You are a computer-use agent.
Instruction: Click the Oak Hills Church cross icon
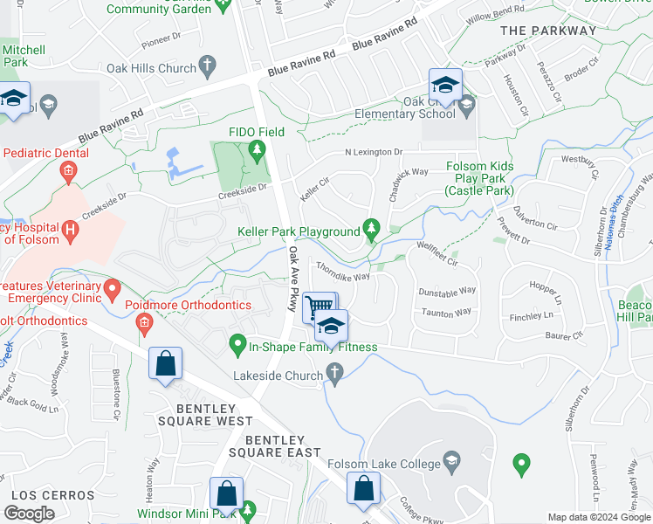(x=207, y=65)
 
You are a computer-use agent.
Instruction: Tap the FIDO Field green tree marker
(x=257, y=150)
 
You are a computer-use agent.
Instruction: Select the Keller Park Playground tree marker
(x=372, y=229)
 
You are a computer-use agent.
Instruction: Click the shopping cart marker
(x=320, y=306)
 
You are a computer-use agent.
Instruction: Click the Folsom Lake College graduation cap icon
(x=451, y=460)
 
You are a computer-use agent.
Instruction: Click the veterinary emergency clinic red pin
(x=113, y=287)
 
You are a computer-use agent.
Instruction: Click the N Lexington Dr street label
(x=374, y=152)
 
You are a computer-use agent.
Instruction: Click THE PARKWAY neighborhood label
(x=548, y=31)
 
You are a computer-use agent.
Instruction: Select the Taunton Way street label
(x=445, y=312)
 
